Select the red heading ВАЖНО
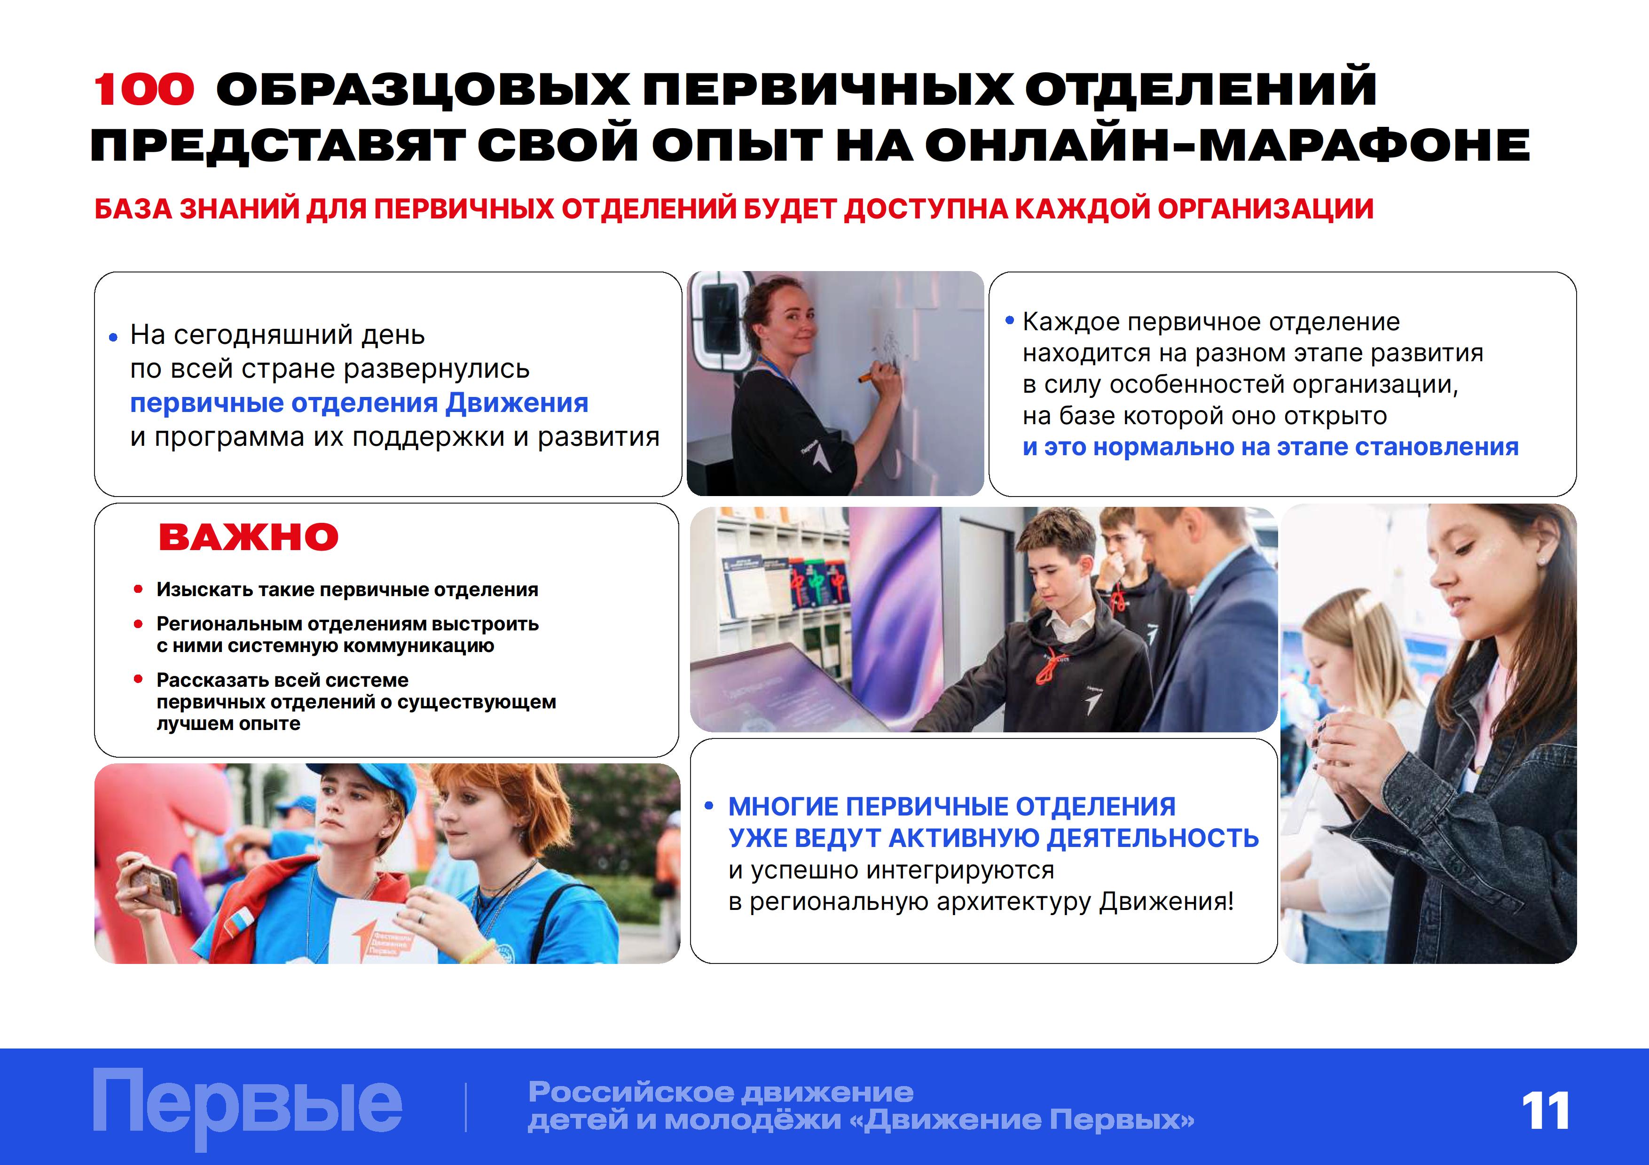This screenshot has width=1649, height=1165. point(249,537)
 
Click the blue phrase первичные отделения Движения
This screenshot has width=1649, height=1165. point(359,404)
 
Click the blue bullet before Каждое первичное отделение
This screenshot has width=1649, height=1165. point(1010,320)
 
